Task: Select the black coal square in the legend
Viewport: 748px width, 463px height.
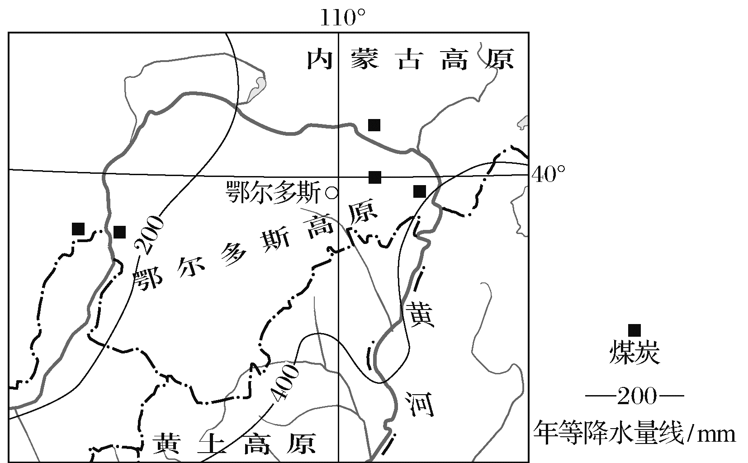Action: (x=634, y=330)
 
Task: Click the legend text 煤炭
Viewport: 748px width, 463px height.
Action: (x=634, y=353)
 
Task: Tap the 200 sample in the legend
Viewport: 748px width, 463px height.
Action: (x=634, y=396)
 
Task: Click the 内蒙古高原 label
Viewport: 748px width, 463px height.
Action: (x=410, y=60)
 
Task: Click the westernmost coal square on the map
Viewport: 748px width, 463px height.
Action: (x=78, y=229)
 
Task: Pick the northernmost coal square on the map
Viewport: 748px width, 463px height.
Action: (x=374, y=125)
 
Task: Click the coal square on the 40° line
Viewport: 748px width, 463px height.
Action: (x=374, y=177)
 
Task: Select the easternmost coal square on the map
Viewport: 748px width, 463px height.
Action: (x=419, y=191)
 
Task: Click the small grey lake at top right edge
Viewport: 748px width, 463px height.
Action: (x=523, y=122)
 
